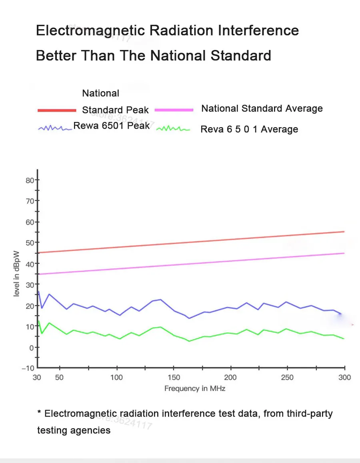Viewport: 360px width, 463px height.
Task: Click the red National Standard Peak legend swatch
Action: tap(57, 110)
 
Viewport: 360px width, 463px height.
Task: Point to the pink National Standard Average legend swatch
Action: tap(174, 110)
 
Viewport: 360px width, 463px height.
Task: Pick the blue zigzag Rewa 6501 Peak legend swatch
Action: tap(55, 128)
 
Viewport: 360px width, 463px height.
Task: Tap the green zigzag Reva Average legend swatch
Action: tap(173, 129)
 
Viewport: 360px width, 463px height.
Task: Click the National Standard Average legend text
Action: tap(262, 108)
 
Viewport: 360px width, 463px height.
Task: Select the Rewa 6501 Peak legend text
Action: tap(112, 126)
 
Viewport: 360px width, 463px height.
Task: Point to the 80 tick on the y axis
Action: tap(30, 180)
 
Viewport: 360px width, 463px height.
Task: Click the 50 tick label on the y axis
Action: tap(30, 242)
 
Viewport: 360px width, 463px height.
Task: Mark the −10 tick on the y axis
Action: tap(28, 368)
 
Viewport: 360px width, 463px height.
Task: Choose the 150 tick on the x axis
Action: tap(174, 377)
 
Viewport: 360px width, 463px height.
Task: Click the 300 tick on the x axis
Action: tap(344, 377)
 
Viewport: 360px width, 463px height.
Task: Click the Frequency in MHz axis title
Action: tap(195, 388)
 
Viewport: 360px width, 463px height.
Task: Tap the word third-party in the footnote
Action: tap(310, 413)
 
